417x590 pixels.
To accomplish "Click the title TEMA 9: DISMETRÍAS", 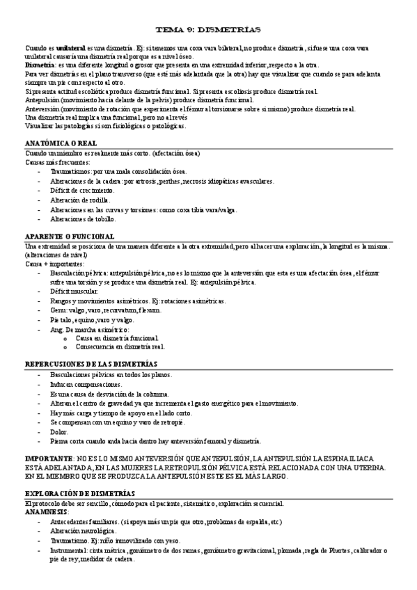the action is pos(208,30).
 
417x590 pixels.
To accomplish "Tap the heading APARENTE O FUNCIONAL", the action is pos(70,237).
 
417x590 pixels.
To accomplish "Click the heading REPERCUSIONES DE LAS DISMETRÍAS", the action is pos(91,364).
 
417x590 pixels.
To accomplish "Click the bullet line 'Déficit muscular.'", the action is pos(76,292).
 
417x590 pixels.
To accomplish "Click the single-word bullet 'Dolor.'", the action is pos(59,431).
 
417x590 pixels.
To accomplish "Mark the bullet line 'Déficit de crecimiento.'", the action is pos(84,190).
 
